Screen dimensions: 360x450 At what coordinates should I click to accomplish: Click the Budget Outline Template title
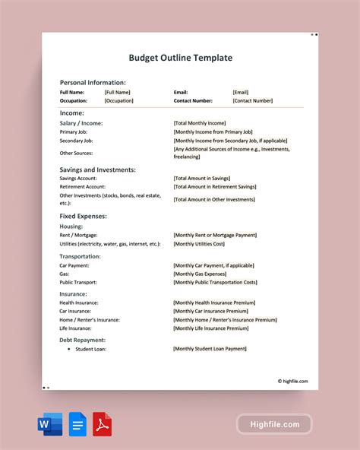[180, 58]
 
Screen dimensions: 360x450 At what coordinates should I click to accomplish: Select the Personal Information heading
[93, 82]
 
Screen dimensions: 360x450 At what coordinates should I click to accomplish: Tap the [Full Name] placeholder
[118, 92]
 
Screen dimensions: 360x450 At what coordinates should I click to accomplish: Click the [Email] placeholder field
[240, 92]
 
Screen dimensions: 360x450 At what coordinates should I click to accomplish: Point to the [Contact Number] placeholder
[252, 100]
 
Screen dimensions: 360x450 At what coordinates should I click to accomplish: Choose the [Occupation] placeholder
[119, 100]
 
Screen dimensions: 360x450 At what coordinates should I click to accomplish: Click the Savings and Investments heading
[97, 170]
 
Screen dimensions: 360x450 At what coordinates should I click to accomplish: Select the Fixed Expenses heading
[83, 216]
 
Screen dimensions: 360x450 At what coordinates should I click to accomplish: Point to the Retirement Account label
[82, 186]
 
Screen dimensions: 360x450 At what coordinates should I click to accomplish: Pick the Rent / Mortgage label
[79, 235]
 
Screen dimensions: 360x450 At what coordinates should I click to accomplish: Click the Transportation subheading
[80, 256]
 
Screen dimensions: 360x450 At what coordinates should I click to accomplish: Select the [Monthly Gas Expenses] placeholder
[200, 274]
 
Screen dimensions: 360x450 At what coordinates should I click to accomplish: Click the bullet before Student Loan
[68, 349]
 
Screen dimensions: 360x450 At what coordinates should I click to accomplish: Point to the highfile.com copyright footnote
[292, 382]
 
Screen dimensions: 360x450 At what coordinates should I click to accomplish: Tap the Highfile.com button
[274, 424]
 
